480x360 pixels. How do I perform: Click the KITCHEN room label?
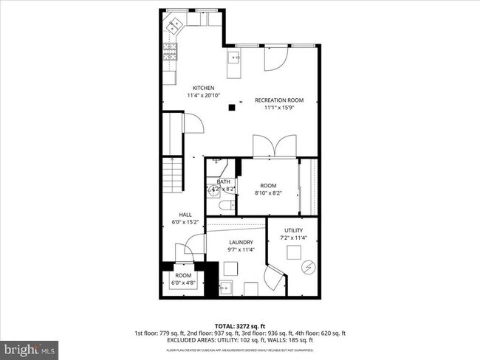[203, 88]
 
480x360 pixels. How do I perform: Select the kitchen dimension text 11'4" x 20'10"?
[203, 95]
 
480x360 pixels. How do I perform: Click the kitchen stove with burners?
[169, 51]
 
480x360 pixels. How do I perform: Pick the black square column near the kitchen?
[232, 108]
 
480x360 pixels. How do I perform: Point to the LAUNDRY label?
[241, 242]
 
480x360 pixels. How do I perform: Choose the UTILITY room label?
[293, 230]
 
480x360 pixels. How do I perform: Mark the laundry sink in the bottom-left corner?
[227, 288]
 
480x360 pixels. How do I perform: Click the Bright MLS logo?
[30, 346]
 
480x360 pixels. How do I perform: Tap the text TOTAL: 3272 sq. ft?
[239, 325]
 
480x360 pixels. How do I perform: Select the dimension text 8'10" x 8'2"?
[267, 193]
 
